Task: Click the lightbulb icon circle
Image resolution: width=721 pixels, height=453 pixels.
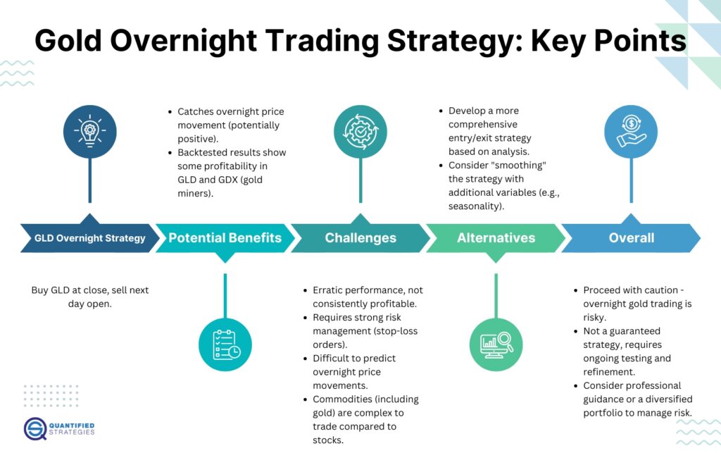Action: pyautogui.click(x=89, y=132)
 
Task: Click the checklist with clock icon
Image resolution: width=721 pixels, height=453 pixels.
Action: pyautogui.click(x=225, y=345)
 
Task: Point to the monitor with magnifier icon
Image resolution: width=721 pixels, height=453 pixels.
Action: pyautogui.click(x=496, y=345)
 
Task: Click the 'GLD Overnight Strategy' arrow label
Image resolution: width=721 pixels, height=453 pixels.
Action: pyautogui.click(x=89, y=238)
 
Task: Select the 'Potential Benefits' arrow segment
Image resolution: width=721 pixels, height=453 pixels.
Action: pyautogui.click(x=225, y=238)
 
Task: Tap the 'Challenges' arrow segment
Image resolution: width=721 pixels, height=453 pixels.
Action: pyautogui.click(x=360, y=238)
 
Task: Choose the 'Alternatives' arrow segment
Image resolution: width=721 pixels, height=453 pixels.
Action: pyautogui.click(x=496, y=238)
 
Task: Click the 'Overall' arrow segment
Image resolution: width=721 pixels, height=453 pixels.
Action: pyautogui.click(x=631, y=238)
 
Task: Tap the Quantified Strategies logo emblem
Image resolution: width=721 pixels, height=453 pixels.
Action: pyautogui.click(x=35, y=428)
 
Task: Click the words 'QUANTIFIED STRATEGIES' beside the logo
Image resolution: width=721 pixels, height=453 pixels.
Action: pyautogui.click(x=73, y=428)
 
